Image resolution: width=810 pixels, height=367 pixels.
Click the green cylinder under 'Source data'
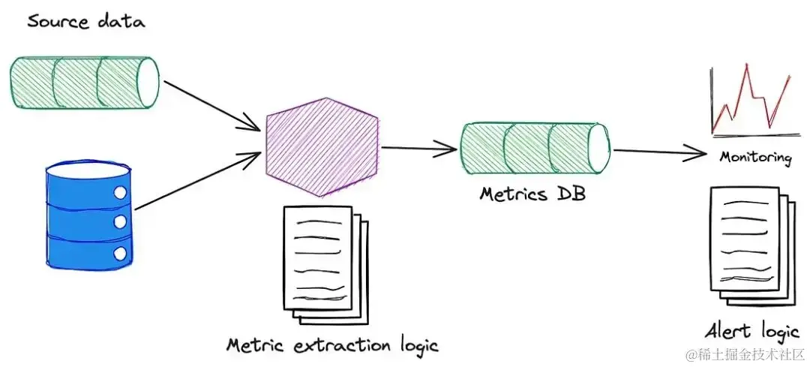point(84,83)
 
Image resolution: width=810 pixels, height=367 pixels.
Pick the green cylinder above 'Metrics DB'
point(533,148)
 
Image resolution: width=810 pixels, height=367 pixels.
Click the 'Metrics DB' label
point(532,194)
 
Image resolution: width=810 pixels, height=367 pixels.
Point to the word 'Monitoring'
point(754,158)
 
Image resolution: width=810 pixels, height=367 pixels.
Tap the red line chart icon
point(750,101)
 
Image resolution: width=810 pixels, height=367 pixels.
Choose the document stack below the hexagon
point(321,263)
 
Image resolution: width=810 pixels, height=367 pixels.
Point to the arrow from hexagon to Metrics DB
point(418,149)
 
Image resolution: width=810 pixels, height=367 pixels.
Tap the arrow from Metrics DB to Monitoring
point(660,152)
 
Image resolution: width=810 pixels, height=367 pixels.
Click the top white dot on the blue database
point(119,194)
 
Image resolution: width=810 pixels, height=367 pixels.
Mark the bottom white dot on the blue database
point(119,251)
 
